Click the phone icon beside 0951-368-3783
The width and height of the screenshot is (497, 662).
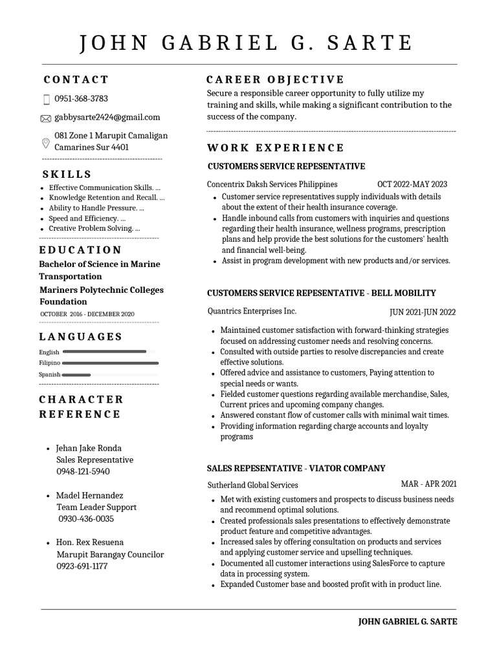click(x=46, y=100)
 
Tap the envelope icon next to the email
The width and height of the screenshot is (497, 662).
click(x=45, y=118)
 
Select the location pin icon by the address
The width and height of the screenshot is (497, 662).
click(x=45, y=143)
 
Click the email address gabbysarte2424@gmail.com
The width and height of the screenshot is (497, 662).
click(x=107, y=117)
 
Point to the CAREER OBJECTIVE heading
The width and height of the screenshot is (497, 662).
click(x=275, y=80)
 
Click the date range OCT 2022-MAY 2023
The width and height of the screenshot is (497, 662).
click(x=412, y=184)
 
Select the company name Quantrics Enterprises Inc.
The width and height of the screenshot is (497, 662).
click(x=252, y=311)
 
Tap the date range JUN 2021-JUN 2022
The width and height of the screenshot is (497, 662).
click(x=423, y=312)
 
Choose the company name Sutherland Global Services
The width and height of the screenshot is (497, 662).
click(x=252, y=485)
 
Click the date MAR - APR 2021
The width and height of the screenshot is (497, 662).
click(x=428, y=484)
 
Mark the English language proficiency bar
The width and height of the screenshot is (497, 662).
click(x=104, y=352)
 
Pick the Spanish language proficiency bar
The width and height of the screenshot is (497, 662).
click(x=77, y=375)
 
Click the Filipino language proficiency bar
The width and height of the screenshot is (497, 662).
click(x=111, y=363)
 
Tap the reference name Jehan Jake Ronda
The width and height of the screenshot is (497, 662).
click(x=89, y=448)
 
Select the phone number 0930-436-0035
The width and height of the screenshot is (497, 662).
click(x=86, y=518)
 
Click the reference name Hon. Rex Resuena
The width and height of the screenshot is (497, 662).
click(x=90, y=542)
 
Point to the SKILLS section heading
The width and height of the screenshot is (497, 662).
click(x=67, y=175)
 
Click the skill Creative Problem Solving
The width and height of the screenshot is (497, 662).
click(x=94, y=228)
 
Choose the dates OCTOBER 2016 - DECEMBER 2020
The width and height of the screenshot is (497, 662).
click(x=87, y=314)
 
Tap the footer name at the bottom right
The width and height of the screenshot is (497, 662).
click(x=408, y=621)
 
